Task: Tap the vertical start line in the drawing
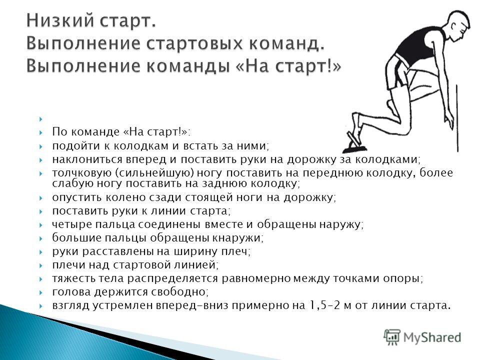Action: pos(457,118)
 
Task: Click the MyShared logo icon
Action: pos(392,337)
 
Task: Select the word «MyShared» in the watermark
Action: pos(432,337)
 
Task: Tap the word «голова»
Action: pos(71,291)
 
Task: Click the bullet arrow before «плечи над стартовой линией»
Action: pos(41,265)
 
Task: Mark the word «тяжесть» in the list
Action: pos(74,278)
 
